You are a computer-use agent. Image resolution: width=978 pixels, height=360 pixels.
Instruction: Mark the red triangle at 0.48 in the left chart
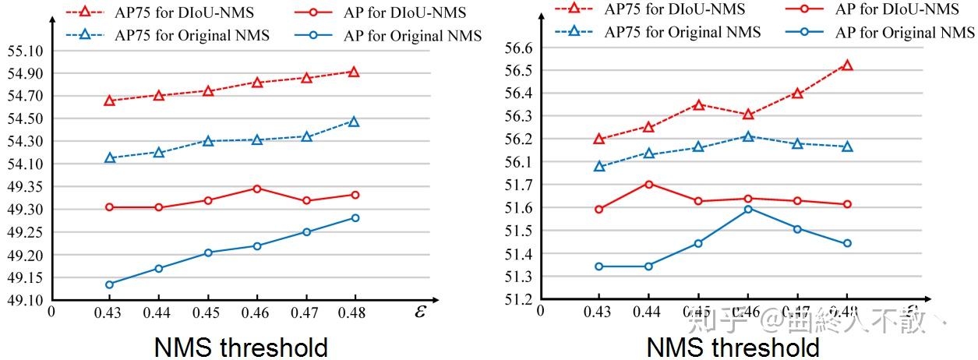click(x=354, y=72)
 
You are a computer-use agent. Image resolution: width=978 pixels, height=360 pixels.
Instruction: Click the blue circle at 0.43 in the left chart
click(x=110, y=284)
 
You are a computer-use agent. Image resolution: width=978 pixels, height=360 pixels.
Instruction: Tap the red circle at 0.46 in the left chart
click(x=257, y=189)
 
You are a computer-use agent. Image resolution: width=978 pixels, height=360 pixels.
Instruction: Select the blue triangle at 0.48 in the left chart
click(x=354, y=122)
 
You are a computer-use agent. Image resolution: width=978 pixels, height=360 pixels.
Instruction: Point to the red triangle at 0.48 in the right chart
click(x=847, y=65)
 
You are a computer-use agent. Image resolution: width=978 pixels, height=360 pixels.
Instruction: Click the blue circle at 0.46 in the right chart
click(x=748, y=209)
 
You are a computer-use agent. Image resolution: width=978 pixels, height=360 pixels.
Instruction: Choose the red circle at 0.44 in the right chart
click(x=648, y=184)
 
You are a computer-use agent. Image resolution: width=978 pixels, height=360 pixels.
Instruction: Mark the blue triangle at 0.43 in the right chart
click(x=598, y=166)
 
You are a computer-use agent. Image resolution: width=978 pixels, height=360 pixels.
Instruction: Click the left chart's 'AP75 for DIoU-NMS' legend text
click(x=184, y=13)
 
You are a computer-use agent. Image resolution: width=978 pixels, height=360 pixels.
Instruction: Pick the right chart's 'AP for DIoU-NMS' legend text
click(x=897, y=9)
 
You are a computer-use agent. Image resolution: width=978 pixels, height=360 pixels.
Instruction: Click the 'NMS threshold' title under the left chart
click(x=241, y=347)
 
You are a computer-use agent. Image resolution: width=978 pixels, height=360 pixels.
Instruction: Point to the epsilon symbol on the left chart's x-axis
click(x=421, y=311)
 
